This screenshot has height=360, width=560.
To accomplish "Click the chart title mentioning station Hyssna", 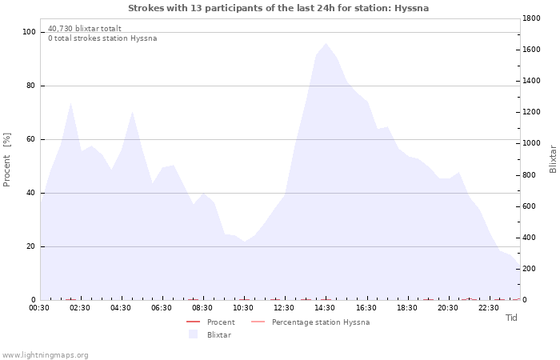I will [278, 8].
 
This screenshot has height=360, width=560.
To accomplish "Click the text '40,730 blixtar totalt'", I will [85, 28].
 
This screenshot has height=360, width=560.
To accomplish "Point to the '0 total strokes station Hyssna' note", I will [102, 38].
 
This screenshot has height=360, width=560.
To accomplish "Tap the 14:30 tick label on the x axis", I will [325, 308].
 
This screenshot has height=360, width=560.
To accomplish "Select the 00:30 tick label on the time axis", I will [39, 308].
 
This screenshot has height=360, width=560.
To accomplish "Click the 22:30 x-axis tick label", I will [489, 308].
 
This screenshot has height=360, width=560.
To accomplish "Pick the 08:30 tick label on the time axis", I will [202, 308].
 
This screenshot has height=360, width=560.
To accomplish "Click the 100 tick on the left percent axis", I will [30, 32].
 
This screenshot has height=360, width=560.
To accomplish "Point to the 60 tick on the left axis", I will [31, 139].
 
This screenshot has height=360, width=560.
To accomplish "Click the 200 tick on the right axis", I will [530, 269].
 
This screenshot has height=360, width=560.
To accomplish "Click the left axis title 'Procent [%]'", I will [7, 160].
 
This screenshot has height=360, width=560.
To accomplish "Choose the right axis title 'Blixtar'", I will [553, 158].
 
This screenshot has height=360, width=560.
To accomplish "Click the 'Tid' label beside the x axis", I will [511, 318].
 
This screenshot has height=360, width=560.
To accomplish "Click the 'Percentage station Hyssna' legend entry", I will [320, 322].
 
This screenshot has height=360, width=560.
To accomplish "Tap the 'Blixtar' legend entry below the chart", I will [218, 335].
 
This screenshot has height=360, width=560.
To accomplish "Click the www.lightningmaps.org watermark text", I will [45, 355].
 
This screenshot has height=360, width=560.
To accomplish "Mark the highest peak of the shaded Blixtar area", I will [325, 43].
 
